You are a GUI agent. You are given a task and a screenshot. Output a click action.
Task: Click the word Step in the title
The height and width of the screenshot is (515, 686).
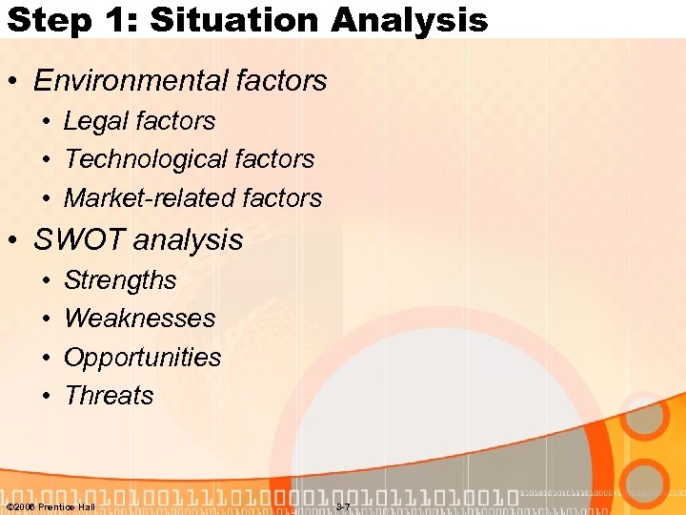tap(43, 19)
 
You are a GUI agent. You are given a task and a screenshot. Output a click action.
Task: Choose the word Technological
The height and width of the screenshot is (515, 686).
tap(149, 159)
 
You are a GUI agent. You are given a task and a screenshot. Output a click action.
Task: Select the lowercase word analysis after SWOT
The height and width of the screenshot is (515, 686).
tap(189, 240)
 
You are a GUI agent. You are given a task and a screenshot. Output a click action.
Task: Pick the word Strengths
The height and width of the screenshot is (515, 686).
tap(120, 280)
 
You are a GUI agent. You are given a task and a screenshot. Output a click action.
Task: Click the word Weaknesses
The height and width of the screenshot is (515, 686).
tap(139, 319)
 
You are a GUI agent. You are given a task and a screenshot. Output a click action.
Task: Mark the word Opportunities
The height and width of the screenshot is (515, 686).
tap(142, 358)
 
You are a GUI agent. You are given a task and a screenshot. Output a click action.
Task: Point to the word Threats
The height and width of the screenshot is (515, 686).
tap(109, 396)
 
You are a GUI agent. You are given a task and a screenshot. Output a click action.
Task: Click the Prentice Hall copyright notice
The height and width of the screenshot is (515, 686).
tap(50, 506)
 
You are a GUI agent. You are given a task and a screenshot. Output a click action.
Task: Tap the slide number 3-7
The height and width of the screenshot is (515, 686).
tap(343, 506)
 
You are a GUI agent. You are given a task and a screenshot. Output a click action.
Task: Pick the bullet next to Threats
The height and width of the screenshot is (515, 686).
tap(47, 397)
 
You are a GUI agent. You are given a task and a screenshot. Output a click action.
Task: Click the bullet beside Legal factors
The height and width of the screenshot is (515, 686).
tap(47, 122)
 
